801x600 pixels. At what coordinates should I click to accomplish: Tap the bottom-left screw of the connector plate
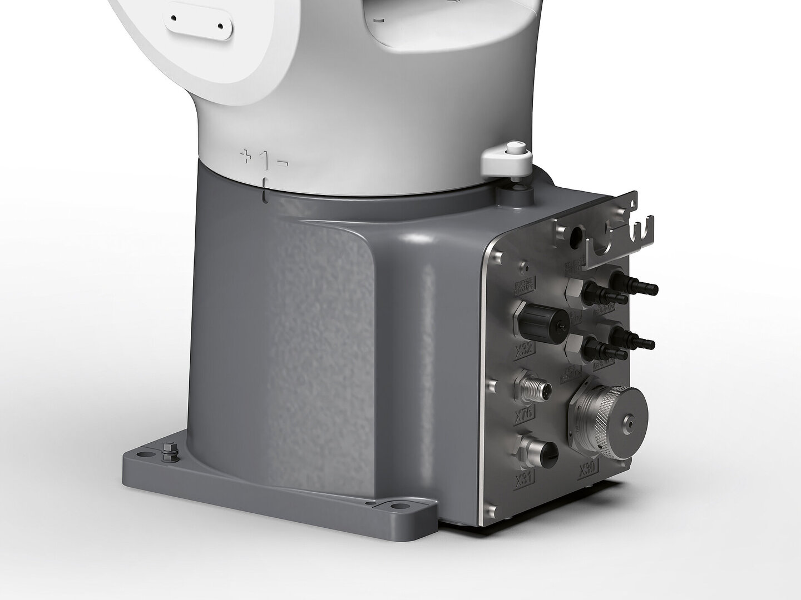(x=490, y=510)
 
